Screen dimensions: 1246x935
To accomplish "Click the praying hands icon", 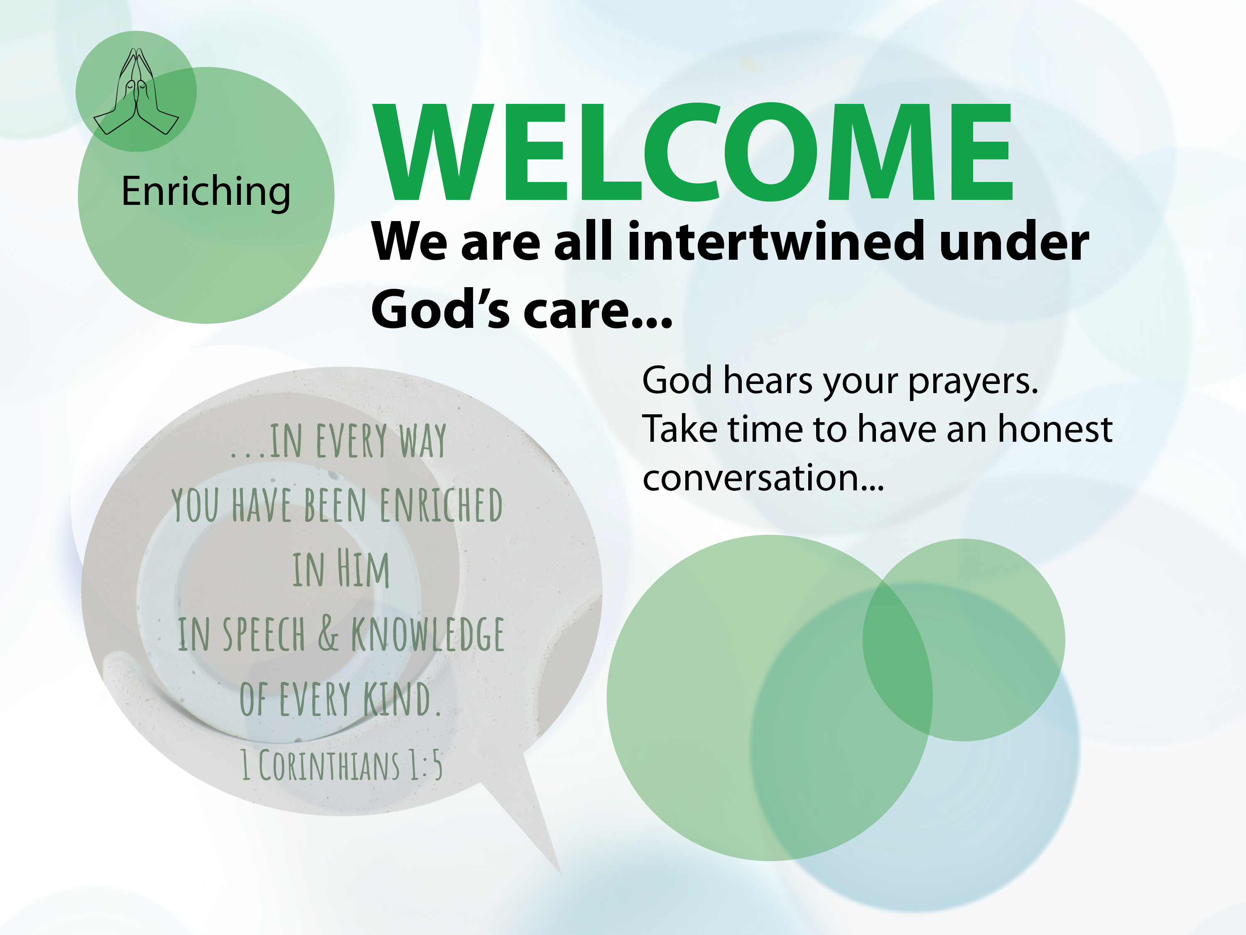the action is [x=136, y=91].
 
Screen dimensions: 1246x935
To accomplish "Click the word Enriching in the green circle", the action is [x=206, y=192].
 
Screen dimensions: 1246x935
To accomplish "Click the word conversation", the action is [x=751, y=478].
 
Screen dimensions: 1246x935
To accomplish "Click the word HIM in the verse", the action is [x=363, y=569].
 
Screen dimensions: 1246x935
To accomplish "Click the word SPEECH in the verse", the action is [x=264, y=634].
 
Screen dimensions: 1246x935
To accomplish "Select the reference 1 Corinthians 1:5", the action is [x=342, y=765].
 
